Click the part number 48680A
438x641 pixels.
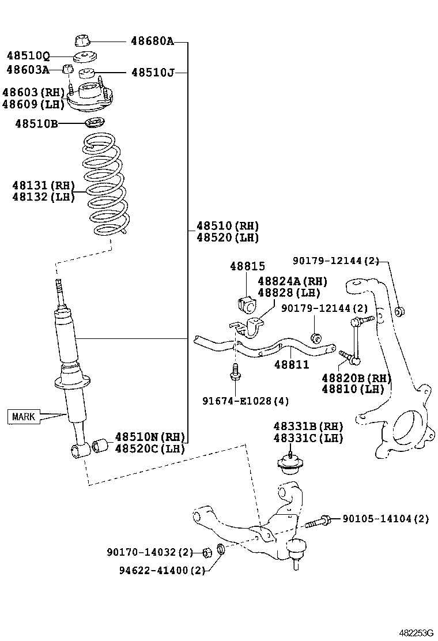click(152, 41)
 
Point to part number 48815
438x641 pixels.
click(247, 266)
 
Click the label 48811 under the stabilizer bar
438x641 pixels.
click(291, 365)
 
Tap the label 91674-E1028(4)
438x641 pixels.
click(246, 400)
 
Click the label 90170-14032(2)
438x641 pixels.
click(150, 552)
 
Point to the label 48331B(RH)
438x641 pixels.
click(308, 426)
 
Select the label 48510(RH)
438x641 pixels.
click(227, 225)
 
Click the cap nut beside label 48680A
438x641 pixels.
click(83, 41)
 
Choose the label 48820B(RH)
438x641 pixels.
click(356, 378)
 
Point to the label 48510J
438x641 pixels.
click(152, 73)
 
